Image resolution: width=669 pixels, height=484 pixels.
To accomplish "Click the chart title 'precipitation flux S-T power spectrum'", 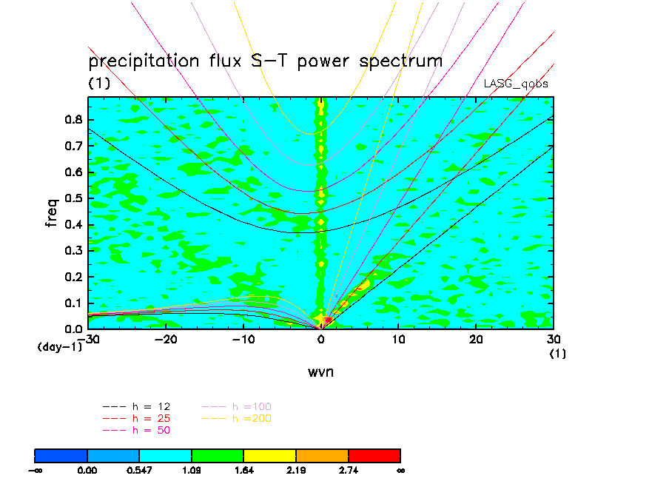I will (265, 61).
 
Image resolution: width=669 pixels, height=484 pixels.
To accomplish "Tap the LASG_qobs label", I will (516, 84).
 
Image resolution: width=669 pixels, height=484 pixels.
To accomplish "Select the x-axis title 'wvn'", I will (320, 372).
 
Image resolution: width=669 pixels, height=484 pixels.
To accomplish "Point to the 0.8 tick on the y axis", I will (75, 121).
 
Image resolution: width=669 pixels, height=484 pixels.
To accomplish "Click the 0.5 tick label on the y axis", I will (75, 198).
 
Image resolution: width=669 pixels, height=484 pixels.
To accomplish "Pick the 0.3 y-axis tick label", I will (75, 251).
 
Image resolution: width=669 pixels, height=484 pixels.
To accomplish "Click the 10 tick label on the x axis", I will (399, 339).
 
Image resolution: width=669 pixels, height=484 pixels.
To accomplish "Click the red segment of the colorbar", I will (374, 455).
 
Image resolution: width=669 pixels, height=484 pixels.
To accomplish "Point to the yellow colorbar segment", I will (269, 455).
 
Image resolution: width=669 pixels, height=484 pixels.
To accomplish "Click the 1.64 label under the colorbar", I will (244, 470).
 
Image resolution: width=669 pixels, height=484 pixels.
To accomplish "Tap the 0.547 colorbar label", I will (139, 470).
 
